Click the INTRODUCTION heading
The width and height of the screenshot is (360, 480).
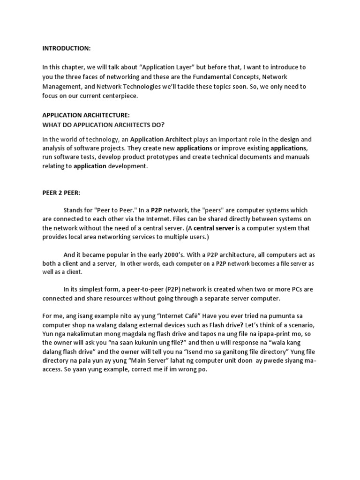[67, 48]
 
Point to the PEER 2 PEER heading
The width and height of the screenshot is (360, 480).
[62, 192]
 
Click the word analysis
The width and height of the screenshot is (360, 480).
[54, 149]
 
